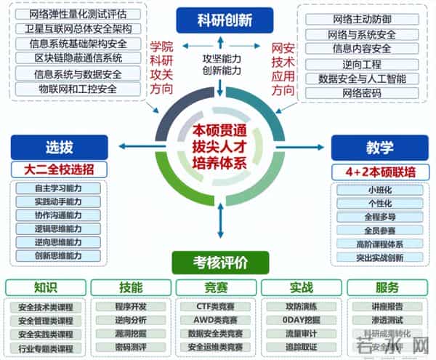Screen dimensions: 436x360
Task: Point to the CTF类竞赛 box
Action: [215, 306]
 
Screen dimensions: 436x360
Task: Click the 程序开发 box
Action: [131, 306]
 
